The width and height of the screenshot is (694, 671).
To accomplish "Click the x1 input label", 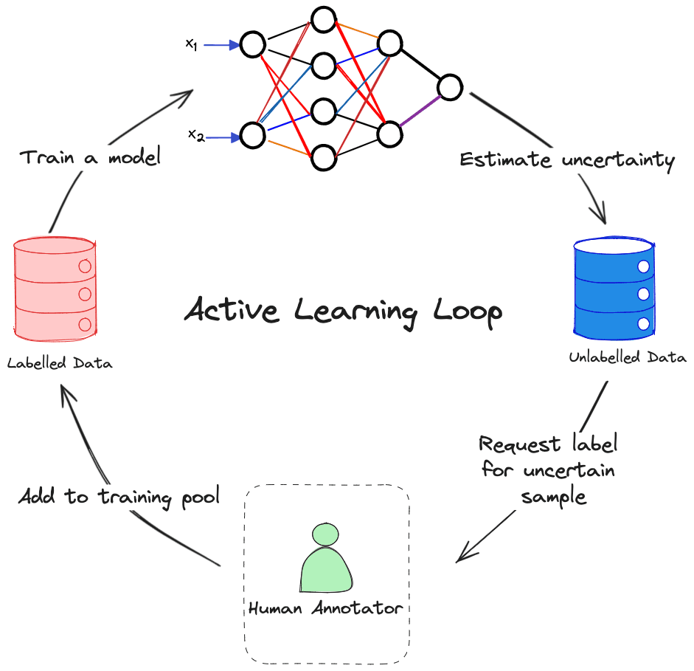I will coord(191,44).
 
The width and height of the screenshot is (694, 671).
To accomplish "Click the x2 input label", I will coord(195,135).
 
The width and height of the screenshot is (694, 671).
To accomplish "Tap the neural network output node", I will coord(449,87).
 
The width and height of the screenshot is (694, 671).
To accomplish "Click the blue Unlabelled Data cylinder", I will coord(614,285).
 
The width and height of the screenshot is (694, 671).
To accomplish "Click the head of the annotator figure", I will coord(325,534).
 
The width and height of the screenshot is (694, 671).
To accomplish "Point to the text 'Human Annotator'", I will coord(325,609).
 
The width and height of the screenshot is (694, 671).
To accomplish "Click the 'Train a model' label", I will coord(90,157).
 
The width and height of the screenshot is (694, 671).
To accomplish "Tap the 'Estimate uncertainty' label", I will coord(566,160).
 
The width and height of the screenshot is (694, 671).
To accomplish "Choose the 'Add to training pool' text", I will coord(119,497).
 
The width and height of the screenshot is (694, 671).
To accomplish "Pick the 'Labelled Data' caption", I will coord(60,363).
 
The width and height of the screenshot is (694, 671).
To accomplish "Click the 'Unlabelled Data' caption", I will coord(628,358).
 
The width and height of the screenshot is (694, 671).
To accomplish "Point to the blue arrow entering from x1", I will coord(221,45).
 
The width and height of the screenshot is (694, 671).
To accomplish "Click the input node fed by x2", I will coord(252,136).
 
